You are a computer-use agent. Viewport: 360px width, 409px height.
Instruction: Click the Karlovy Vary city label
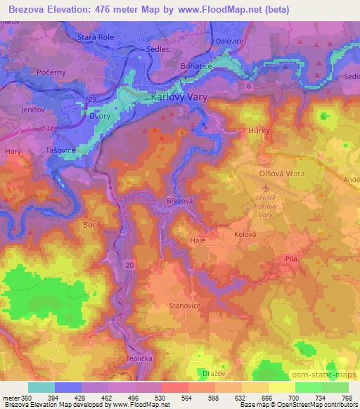[x=180, y=98]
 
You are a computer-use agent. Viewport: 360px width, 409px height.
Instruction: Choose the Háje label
[x=199, y=240]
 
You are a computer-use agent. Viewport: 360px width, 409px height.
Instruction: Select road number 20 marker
[x=129, y=265]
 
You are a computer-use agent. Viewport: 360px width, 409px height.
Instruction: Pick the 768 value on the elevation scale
[x=347, y=398]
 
